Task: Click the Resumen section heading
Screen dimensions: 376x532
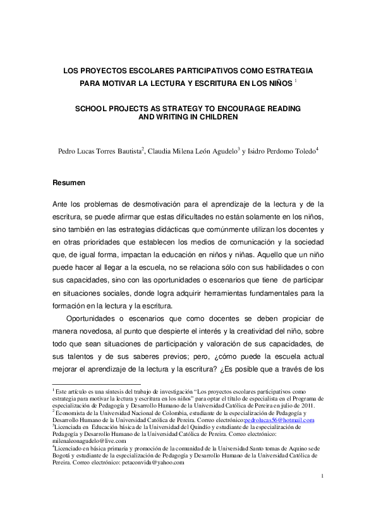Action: (68, 183)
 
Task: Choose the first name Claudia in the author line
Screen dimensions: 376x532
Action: (160, 152)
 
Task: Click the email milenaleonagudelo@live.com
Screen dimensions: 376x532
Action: (80, 441)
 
